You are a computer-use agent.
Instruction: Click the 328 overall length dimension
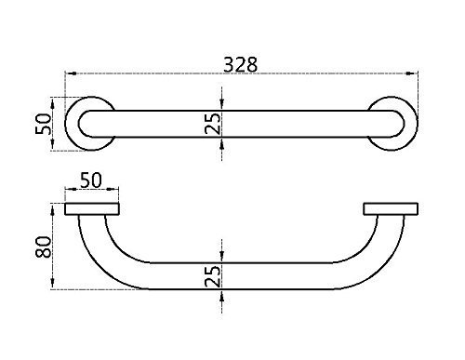coord(241,64)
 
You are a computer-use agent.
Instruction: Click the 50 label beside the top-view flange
coord(43,124)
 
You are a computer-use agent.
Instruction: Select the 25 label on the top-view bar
coord(213,124)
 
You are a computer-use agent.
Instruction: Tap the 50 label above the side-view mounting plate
coord(91,180)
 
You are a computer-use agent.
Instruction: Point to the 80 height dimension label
coord(43,247)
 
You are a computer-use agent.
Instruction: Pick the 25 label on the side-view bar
coord(213,276)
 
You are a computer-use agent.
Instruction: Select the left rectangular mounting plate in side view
coord(92,208)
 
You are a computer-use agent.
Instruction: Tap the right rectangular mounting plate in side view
coord(391,208)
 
